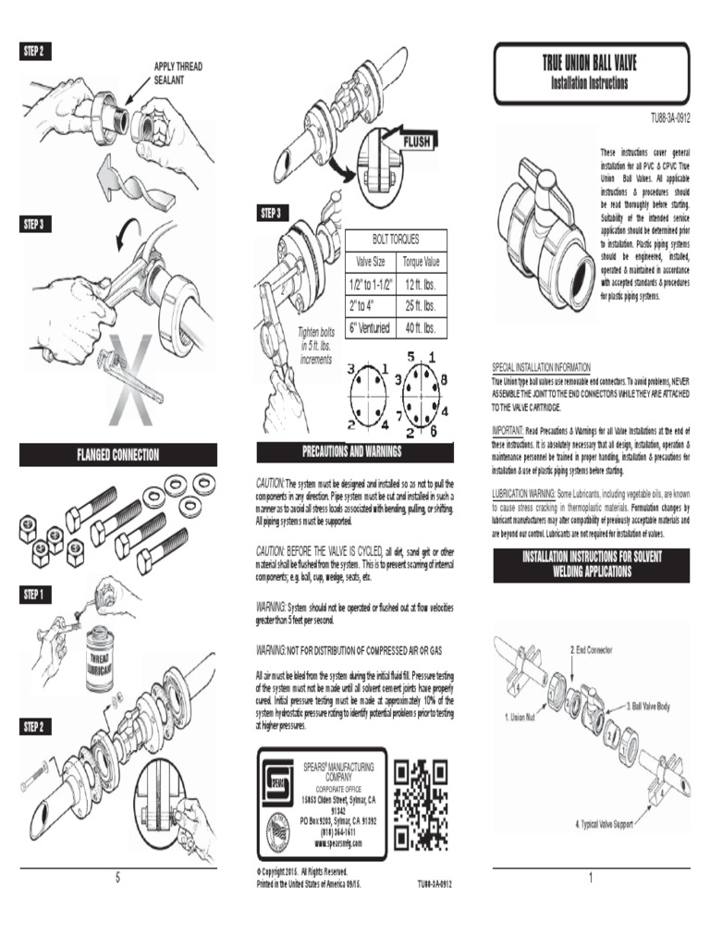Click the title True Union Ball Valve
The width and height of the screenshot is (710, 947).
589,64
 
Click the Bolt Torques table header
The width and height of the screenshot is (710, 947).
396,239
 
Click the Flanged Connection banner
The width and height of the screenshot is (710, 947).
118,455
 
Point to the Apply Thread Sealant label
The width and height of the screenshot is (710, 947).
177,74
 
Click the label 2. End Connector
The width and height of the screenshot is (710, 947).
592,649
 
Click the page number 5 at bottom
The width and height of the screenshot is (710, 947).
117,878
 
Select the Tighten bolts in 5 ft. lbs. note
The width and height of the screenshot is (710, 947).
314,345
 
